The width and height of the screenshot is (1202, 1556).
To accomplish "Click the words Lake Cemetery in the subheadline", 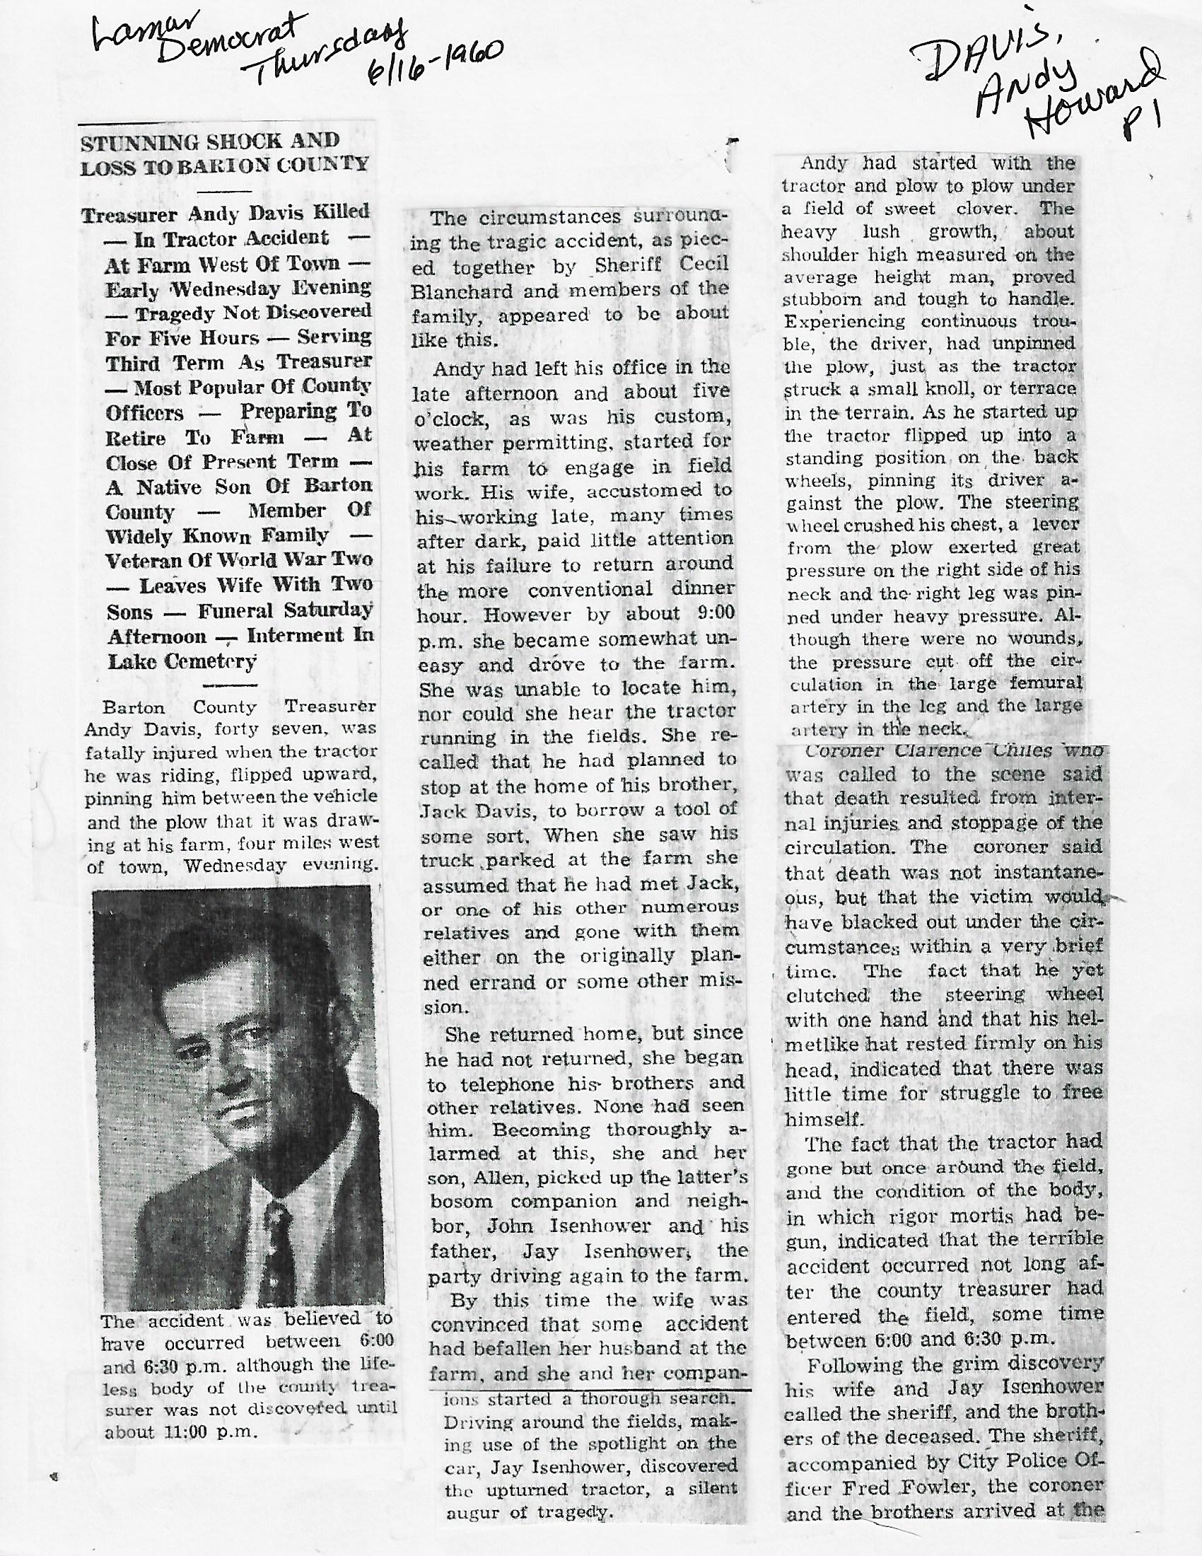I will pos(182,662).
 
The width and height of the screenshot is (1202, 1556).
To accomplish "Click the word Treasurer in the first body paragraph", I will pos(329,707).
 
